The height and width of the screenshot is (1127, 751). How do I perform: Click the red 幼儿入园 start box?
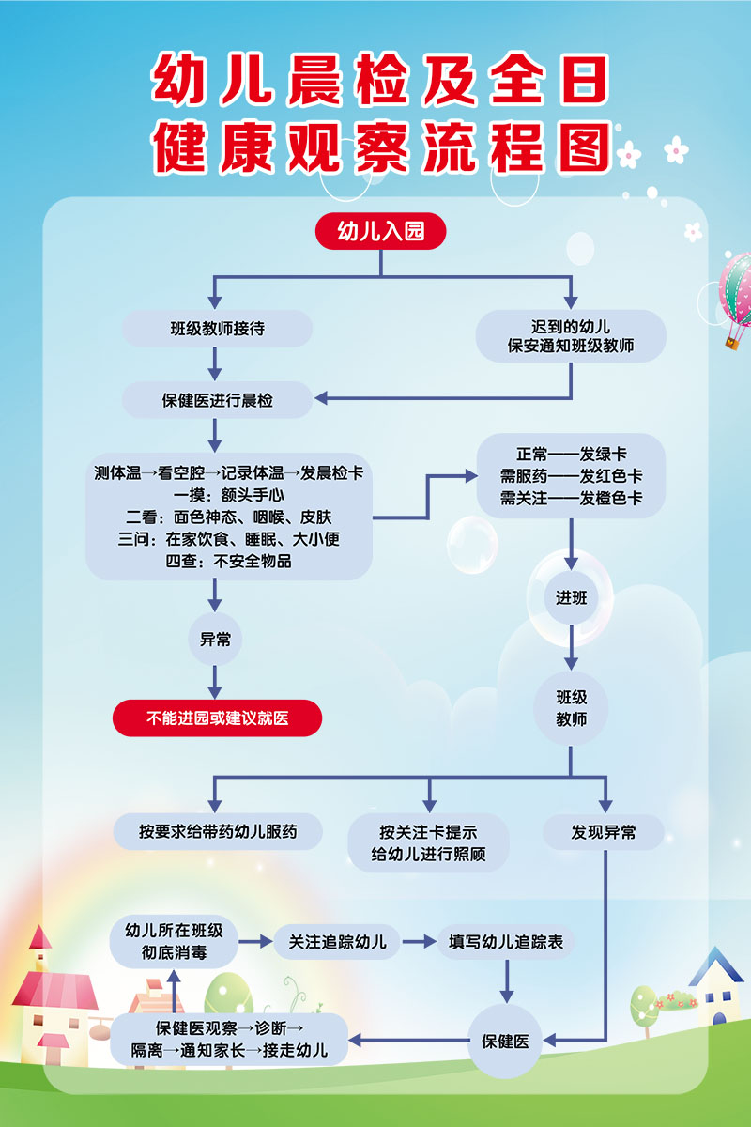click(x=380, y=232)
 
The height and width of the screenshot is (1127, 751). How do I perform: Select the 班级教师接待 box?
click(x=217, y=329)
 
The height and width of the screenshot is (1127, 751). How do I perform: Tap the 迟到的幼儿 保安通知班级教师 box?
click(x=571, y=336)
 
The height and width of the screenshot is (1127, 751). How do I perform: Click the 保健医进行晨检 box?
click(x=217, y=400)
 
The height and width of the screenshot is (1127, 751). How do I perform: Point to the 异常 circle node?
click(x=216, y=640)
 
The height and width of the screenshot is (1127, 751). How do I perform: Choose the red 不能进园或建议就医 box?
click(x=217, y=718)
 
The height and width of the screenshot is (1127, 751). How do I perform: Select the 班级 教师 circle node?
click(x=571, y=709)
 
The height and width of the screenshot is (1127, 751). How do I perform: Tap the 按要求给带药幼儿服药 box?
click(x=218, y=831)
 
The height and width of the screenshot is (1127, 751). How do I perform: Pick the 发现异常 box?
click(x=604, y=831)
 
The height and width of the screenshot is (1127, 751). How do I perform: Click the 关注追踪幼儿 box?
click(x=337, y=941)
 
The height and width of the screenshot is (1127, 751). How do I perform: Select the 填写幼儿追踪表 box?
click(x=506, y=941)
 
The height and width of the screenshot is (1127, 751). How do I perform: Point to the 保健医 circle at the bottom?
click(x=506, y=1041)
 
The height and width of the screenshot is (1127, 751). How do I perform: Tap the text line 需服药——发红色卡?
click(x=571, y=475)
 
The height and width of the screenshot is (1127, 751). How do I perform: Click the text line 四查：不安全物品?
click(x=229, y=562)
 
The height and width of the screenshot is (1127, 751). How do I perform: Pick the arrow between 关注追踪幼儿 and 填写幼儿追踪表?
click(x=420, y=941)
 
